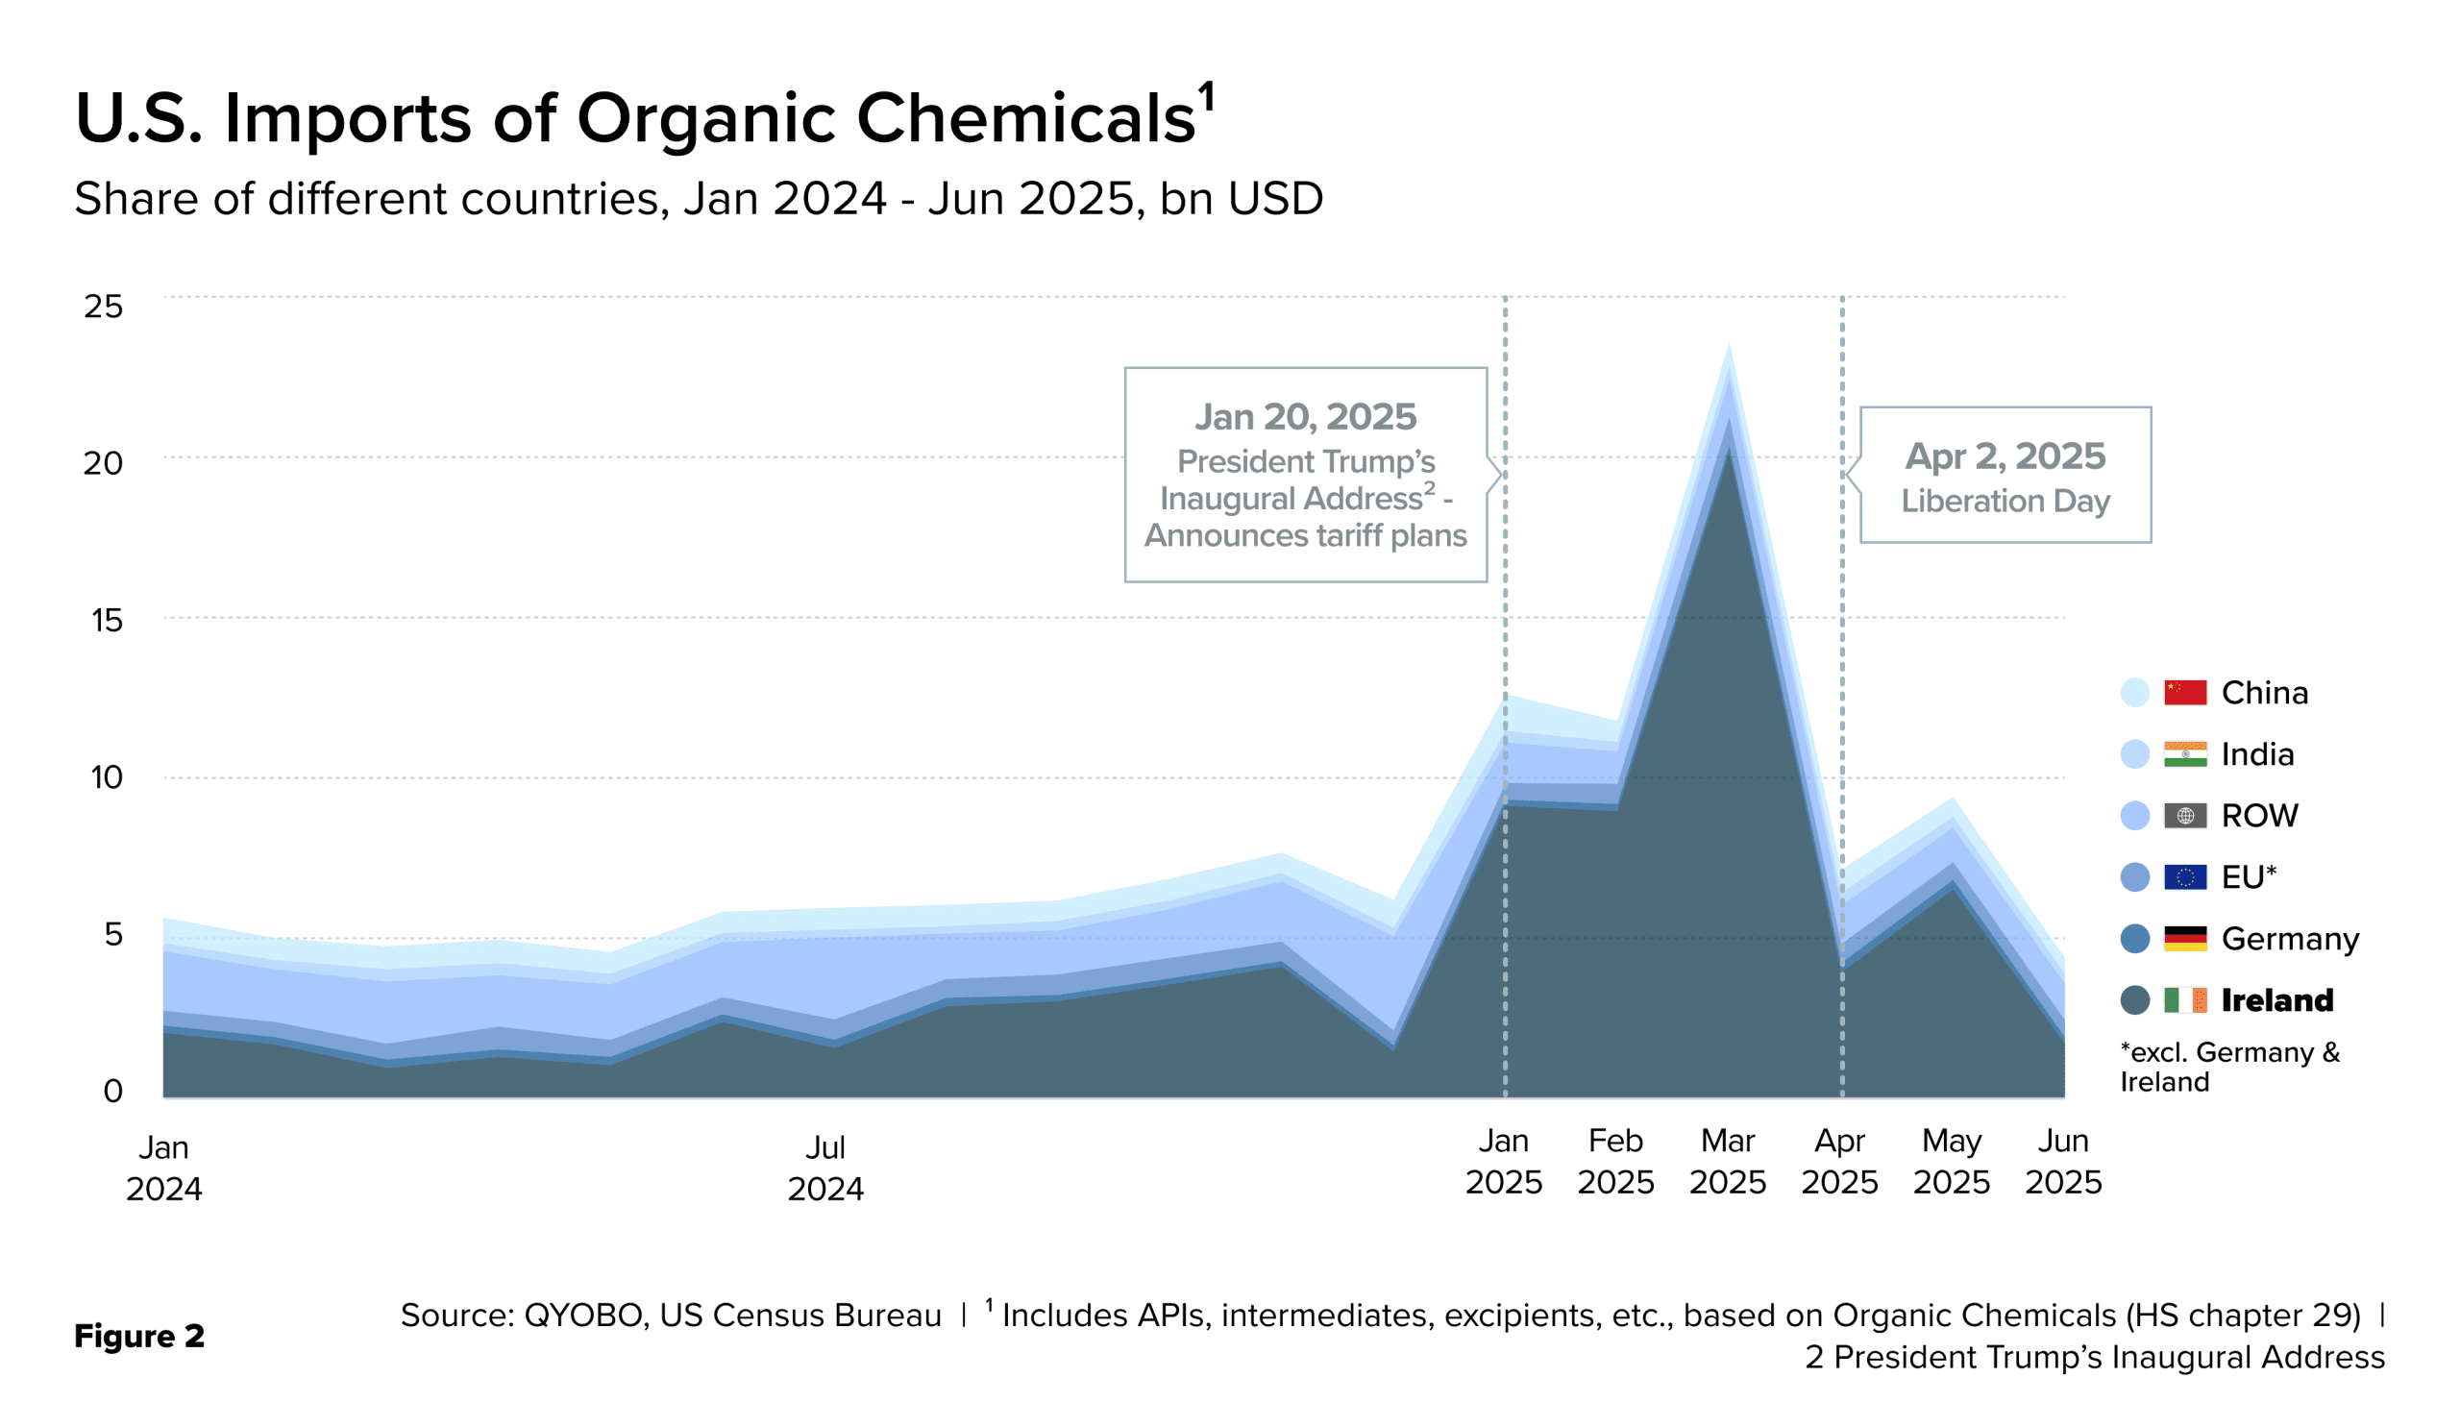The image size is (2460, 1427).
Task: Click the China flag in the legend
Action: pyautogui.click(x=2185, y=693)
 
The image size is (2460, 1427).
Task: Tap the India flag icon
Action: pyautogui.click(x=2185, y=754)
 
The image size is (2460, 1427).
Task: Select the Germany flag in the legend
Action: pyautogui.click(x=2185, y=939)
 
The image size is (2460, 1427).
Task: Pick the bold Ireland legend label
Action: pyautogui.click(x=2277, y=1000)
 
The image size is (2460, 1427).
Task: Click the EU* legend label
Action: pyautogui.click(x=2249, y=877)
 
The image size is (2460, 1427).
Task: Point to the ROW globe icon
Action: pyautogui.click(x=2185, y=816)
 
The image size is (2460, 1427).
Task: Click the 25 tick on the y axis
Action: pyautogui.click(x=104, y=307)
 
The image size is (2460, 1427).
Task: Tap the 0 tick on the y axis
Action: pyautogui.click(x=113, y=1091)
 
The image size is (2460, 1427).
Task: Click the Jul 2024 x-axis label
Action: pyautogui.click(x=825, y=1168)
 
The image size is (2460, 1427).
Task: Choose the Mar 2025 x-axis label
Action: pyautogui.click(x=1728, y=1162)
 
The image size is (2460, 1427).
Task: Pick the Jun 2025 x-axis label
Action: pyautogui.click(x=2063, y=1162)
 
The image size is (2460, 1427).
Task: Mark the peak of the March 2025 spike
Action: pyautogui.click(x=1729, y=346)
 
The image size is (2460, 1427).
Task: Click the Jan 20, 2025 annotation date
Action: pyautogui.click(x=1305, y=417)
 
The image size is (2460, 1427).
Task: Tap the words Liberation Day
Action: pyautogui.click(x=2005, y=502)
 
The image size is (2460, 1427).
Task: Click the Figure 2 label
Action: pyautogui.click(x=139, y=1336)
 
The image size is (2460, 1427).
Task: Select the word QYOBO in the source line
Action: pyautogui.click(x=586, y=1316)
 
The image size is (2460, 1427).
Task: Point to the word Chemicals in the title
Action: pyautogui.click(x=1025, y=119)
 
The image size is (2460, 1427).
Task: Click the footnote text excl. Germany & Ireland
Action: pyautogui.click(x=2229, y=1067)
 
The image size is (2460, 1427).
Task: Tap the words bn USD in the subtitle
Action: pyautogui.click(x=1241, y=199)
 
